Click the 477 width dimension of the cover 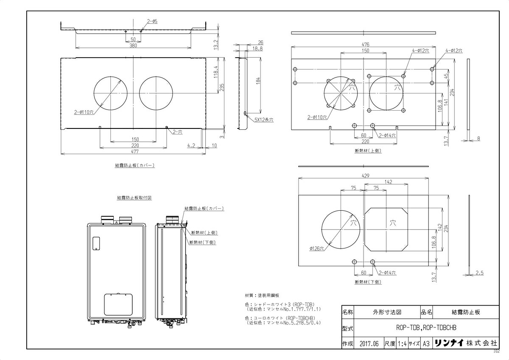[134, 151]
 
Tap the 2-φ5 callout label [152, 21]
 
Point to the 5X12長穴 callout [264, 120]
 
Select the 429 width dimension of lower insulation [365, 176]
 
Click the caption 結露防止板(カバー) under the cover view [134, 166]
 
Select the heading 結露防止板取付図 [134, 198]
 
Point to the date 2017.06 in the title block [368, 343]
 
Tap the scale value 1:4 [402, 343]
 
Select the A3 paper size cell [426, 343]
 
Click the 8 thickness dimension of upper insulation [478, 138]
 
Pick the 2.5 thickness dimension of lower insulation [480, 273]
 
